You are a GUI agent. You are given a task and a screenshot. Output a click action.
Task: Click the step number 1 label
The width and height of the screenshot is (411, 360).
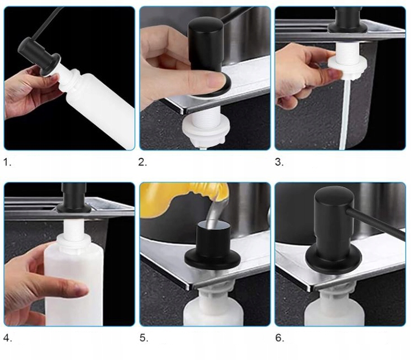[7, 162]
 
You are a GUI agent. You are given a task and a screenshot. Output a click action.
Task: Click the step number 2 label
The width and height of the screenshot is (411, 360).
[143, 162]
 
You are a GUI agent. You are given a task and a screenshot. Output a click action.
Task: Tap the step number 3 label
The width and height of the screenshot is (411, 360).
[279, 162]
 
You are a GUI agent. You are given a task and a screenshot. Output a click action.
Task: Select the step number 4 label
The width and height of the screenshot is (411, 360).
[7, 338]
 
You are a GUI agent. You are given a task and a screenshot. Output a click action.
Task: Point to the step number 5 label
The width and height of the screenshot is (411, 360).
[144, 338]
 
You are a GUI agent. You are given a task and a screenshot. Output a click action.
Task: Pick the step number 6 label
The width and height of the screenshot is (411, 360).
[279, 338]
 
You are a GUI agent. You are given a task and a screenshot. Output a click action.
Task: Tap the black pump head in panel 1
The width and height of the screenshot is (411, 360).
[40, 57]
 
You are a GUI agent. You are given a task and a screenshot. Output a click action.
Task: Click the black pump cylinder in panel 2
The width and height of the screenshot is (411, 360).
[205, 45]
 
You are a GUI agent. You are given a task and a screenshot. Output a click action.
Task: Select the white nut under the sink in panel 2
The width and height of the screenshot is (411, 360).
[205, 131]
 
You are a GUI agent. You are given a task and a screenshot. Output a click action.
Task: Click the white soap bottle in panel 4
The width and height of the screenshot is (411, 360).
[73, 281]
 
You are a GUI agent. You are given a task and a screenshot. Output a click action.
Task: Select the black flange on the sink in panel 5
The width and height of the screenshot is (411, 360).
[212, 258]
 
